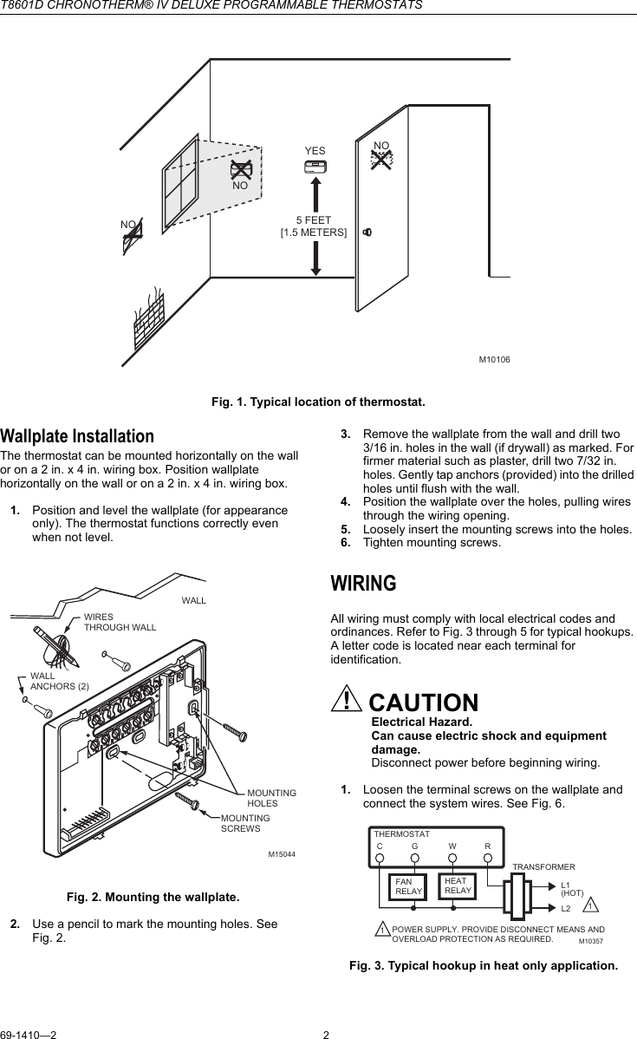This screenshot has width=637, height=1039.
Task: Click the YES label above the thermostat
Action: click(315, 152)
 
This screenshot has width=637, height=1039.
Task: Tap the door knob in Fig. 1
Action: click(367, 232)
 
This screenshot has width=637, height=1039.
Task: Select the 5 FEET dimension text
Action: click(314, 220)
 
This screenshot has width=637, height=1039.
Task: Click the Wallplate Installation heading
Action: click(77, 435)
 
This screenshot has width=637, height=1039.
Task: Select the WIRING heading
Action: click(364, 584)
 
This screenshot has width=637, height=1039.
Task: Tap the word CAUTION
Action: click(423, 702)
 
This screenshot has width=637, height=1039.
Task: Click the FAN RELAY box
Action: click(408, 886)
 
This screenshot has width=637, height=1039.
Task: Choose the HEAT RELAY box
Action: click(458, 885)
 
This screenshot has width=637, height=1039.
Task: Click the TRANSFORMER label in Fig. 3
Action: click(543, 866)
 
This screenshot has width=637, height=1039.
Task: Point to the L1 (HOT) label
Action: click(572, 888)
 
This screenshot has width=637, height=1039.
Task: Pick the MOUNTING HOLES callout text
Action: click(271, 798)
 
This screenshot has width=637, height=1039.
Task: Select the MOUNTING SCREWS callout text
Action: click(245, 823)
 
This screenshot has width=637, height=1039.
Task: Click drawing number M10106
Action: click(494, 359)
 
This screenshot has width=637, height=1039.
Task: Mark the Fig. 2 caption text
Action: click(153, 896)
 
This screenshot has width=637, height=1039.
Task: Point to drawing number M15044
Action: click(281, 855)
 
